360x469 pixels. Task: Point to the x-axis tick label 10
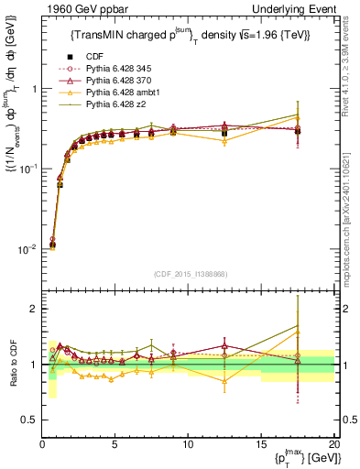(188, 444)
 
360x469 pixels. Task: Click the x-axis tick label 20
(333, 444)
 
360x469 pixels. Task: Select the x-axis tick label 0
(42, 444)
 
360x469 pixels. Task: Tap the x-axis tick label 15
(261, 444)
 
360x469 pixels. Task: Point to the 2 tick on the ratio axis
(32, 309)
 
